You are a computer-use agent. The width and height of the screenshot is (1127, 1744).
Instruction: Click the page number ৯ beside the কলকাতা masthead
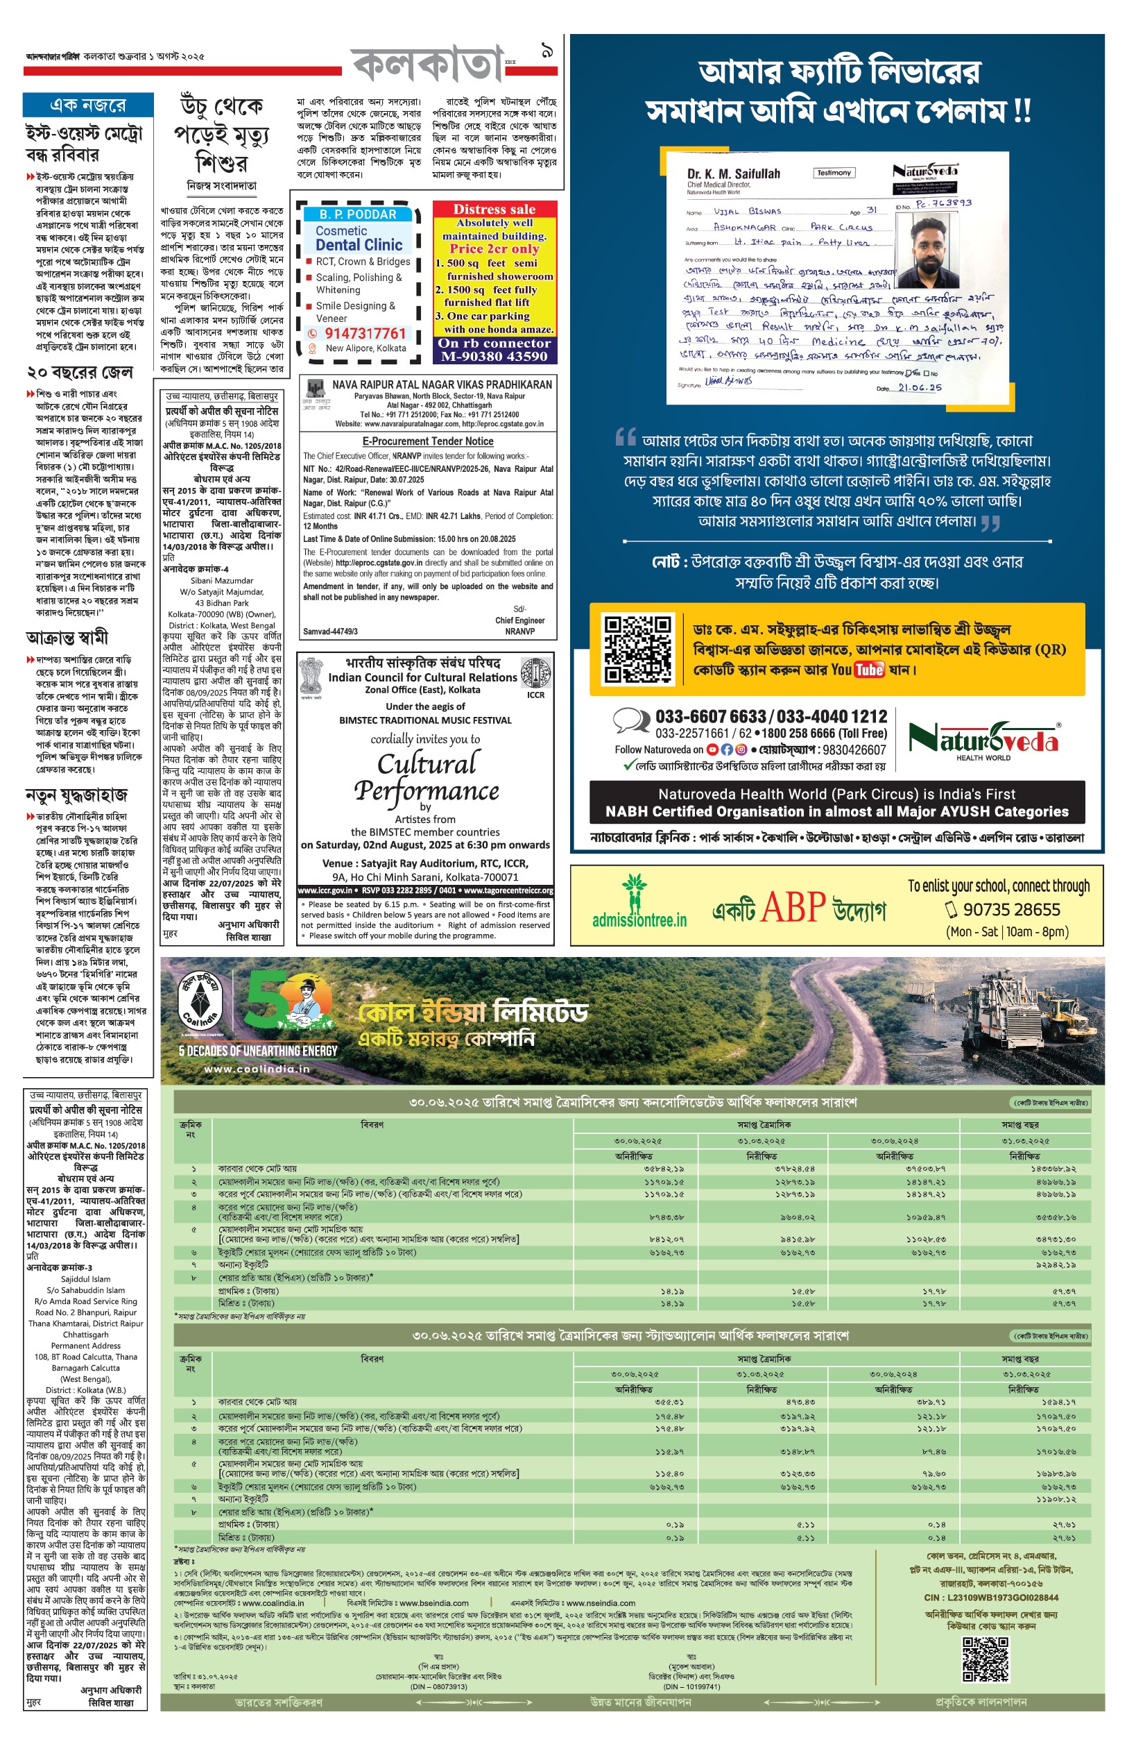point(547,51)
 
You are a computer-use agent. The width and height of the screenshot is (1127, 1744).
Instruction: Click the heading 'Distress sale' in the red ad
point(494,210)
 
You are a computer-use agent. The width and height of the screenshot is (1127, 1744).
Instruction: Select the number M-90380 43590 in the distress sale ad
point(494,357)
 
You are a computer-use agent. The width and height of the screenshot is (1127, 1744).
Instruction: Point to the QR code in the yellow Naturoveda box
point(637,649)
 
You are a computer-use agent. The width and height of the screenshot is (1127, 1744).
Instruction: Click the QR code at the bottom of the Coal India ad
point(984,1659)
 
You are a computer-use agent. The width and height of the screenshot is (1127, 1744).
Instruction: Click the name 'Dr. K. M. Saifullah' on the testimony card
point(733,173)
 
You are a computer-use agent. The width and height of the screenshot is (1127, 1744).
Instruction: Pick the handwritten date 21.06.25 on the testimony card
point(920,387)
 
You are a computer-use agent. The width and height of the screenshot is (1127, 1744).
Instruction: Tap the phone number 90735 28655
point(1010,909)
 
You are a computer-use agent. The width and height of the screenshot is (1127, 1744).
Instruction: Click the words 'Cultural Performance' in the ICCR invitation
point(427,777)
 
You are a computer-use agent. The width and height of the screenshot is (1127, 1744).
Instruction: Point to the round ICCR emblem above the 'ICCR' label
point(535,672)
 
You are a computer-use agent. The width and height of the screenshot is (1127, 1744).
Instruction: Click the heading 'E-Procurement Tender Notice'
point(427,441)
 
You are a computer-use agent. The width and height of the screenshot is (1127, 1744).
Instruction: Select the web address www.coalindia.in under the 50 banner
point(255,1068)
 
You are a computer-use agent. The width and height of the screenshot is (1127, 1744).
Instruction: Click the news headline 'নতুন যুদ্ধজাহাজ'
point(77,795)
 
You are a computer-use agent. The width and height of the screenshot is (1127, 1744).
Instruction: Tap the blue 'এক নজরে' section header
point(88,105)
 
